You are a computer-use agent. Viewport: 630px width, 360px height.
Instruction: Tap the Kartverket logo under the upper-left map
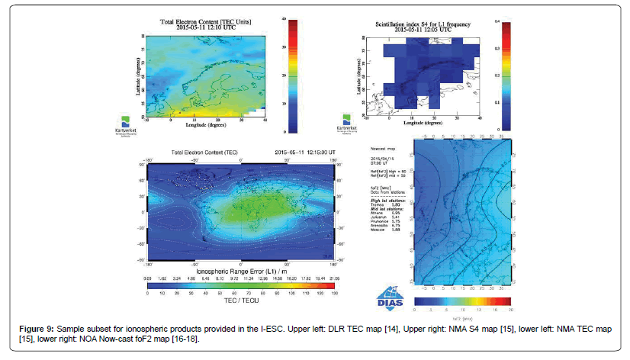coord(127,124)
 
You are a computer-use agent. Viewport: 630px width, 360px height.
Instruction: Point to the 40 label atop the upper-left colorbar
coord(283,17)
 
